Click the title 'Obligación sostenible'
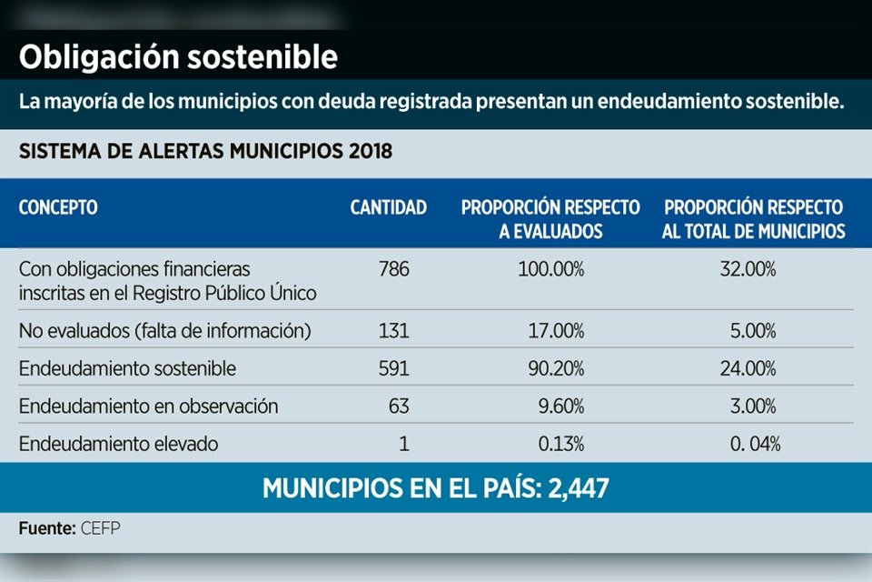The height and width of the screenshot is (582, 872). click(179, 57)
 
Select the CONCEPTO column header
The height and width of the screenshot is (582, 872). click(58, 208)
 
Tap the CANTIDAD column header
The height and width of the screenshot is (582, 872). click(388, 208)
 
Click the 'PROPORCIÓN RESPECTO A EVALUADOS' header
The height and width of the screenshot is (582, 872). click(550, 219)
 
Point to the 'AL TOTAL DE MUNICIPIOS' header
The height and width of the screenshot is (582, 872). click(753, 231)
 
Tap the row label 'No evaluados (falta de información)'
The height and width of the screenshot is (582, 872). click(165, 332)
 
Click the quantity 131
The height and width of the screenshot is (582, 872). click(395, 332)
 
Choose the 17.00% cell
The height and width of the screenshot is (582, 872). click(556, 332)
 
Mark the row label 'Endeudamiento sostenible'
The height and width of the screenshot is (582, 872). click(127, 369)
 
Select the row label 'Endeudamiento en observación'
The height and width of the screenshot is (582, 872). click(148, 406)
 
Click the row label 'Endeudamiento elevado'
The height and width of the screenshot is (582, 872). click(118, 444)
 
